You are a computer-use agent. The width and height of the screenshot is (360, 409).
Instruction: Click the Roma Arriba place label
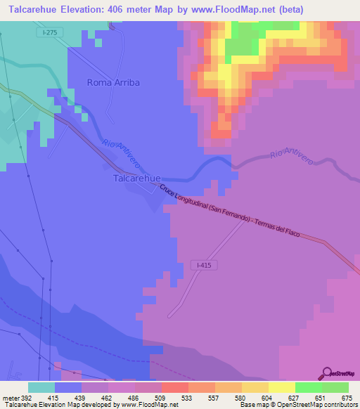pyautogui.click(x=113, y=82)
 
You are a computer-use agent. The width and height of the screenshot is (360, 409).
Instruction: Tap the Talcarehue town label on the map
pyautogui.click(x=138, y=178)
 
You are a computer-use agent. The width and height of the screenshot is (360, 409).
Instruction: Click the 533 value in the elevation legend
pyautogui.click(x=186, y=397)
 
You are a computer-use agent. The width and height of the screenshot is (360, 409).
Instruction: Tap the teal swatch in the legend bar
pyautogui.click(x=41, y=387)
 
